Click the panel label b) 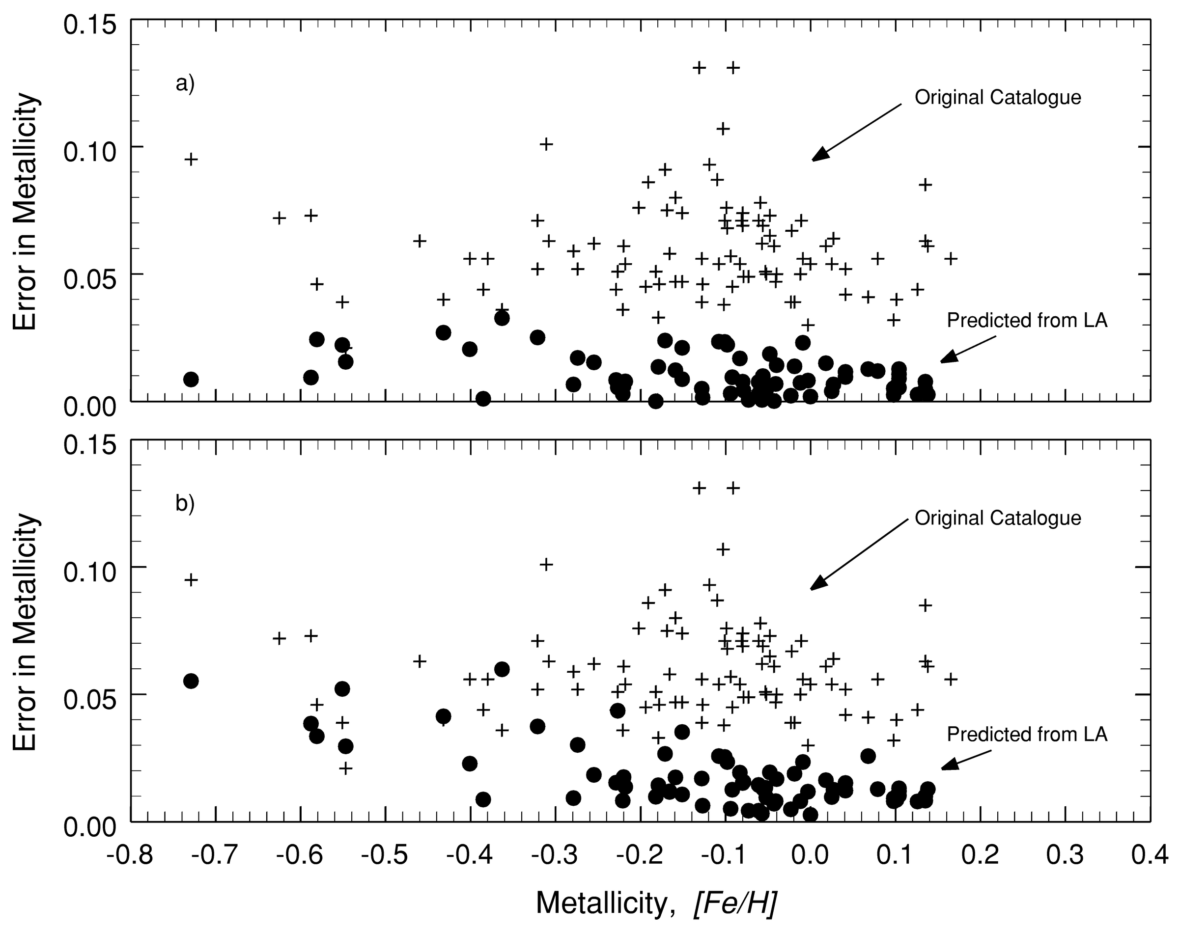185,504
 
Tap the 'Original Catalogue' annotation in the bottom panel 997,518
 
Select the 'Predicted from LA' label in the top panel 1027,320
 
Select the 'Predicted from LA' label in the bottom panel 1027,735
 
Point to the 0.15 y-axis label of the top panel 90,26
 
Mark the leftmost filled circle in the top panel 191,379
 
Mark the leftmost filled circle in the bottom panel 191,681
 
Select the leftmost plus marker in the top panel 191,159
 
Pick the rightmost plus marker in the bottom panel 951,679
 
